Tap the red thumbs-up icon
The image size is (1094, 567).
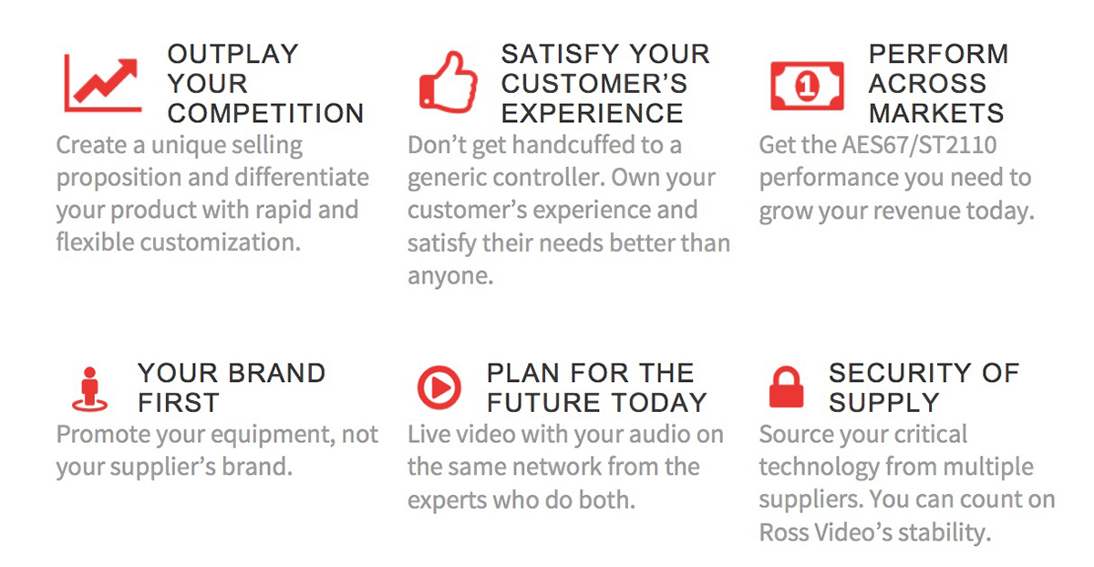[449, 82]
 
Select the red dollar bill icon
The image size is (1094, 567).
[807, 86]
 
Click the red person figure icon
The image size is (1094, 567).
[89, 389]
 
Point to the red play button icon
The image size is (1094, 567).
[439, 387]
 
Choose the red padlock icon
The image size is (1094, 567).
[786, 387]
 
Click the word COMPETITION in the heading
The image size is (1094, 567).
[265, 113]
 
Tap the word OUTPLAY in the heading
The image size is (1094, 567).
[233, 54]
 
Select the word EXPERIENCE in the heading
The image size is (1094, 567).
[592, 113]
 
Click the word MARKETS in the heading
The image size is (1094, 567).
[936, 113]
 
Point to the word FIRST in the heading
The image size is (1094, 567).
[179, 403]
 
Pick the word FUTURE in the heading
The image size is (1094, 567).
[542, 403]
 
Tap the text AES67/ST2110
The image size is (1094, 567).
[920, 145]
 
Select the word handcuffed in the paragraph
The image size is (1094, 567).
[581, 145]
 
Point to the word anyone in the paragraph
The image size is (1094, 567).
[450, 276]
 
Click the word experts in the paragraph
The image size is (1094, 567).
[447, 500]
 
